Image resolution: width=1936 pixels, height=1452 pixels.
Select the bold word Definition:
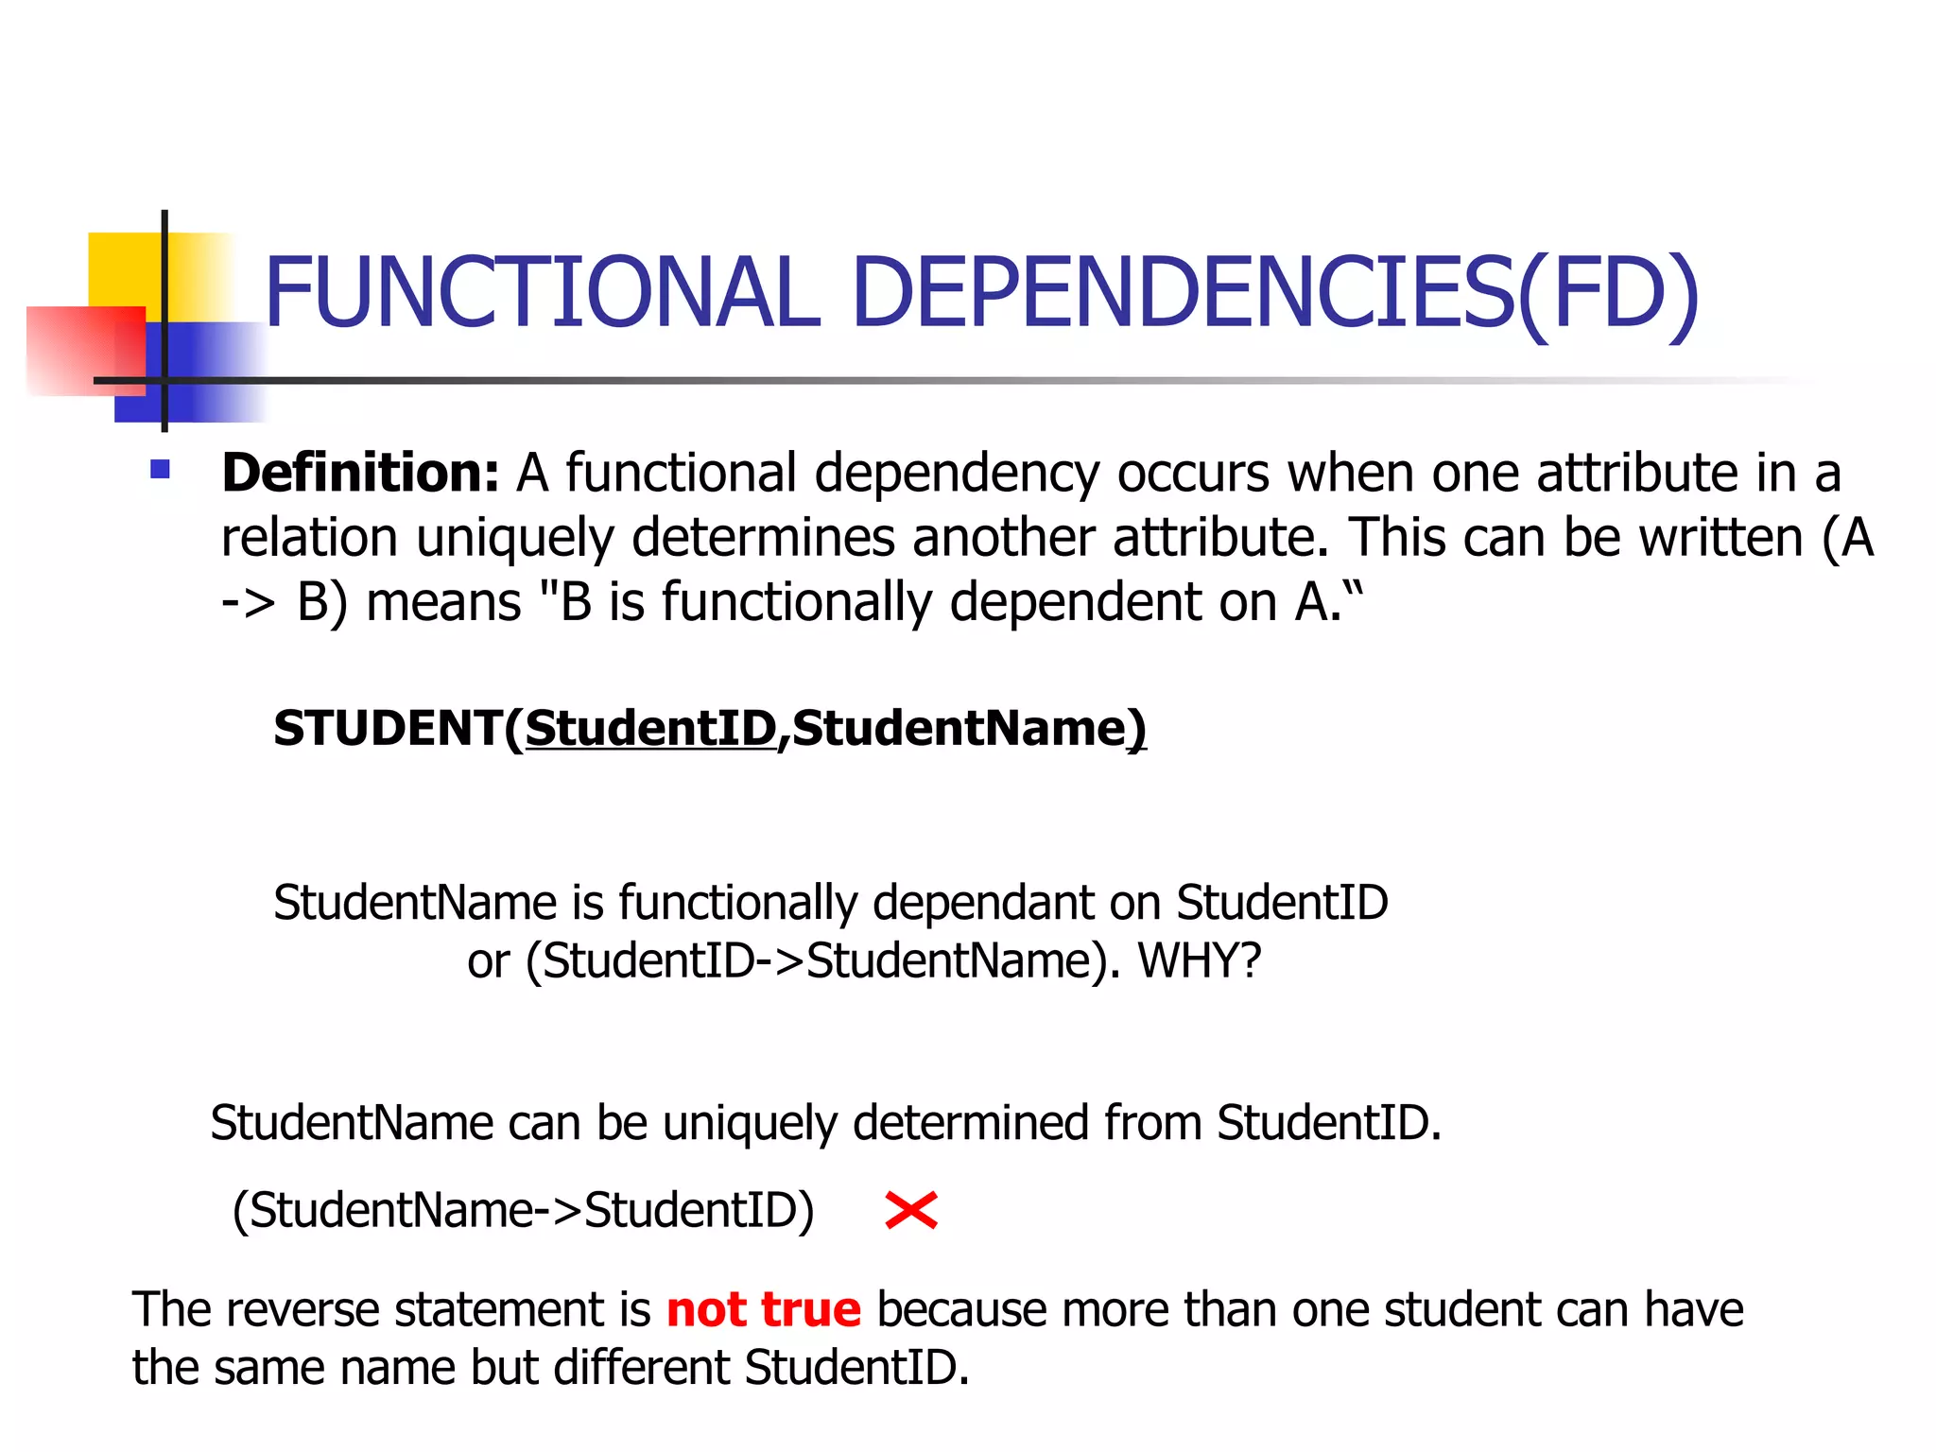[x=360, y=473]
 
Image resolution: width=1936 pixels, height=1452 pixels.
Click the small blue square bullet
[x=160, y=469]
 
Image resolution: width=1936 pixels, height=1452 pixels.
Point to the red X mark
[x=911, y=1210]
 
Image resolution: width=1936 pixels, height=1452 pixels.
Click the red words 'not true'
[x=764, y=1309]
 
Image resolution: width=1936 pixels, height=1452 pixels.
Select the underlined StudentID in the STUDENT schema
[x=650, y=729]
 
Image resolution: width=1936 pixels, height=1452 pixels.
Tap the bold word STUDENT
[x=388, y=729]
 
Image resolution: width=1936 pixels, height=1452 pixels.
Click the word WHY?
[x=1200, y=961]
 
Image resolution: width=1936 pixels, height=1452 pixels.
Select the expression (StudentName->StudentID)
[x=523, y=1210]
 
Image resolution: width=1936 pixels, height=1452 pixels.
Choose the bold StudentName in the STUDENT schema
[x=960, y=729]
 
